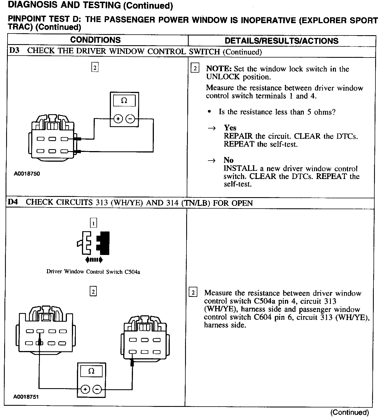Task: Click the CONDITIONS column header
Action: click(95, 40)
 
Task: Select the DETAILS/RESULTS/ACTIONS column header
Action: click(282, 41)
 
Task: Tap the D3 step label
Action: click(14, 51)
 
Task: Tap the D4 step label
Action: click(13, 202)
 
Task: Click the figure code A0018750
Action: click(27, 174)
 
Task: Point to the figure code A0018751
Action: click(26, 397)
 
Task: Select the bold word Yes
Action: click(230, 128)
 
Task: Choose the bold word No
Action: click(228, 160)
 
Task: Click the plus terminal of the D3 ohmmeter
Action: click(118, 119)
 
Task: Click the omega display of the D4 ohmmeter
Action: click(91, 371)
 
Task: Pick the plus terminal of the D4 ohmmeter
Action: click(85, 389)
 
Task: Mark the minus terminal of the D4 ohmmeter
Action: click(97, 389)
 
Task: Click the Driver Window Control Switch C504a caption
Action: click(93, 272)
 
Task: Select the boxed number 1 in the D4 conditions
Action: click(93, 223)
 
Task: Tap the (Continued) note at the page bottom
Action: click(350, 412)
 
